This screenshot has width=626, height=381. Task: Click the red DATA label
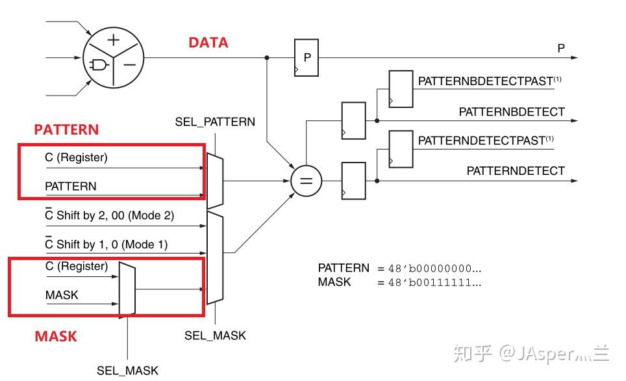coord(208,43)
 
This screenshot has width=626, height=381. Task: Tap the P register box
coord(307,57)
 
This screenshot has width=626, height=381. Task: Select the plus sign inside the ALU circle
coord(114,39)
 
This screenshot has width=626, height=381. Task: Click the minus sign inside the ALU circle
coord(130,65)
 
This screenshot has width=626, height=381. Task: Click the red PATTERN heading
coord(66,129)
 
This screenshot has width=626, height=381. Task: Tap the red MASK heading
coord(55,336)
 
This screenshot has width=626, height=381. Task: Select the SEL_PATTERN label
coord(215,122)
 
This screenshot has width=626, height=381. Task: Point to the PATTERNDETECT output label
coord(516,171)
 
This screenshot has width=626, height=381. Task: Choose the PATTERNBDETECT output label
coord(512,112)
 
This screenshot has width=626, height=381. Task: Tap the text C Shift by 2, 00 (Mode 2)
coord(109,215)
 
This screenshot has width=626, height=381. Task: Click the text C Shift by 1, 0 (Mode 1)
coord(106,244)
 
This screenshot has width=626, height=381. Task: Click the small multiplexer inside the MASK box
coord(127,289)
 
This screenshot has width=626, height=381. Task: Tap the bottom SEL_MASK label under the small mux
coord(127,371)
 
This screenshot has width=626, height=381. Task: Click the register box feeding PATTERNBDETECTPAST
coord(400,89)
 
